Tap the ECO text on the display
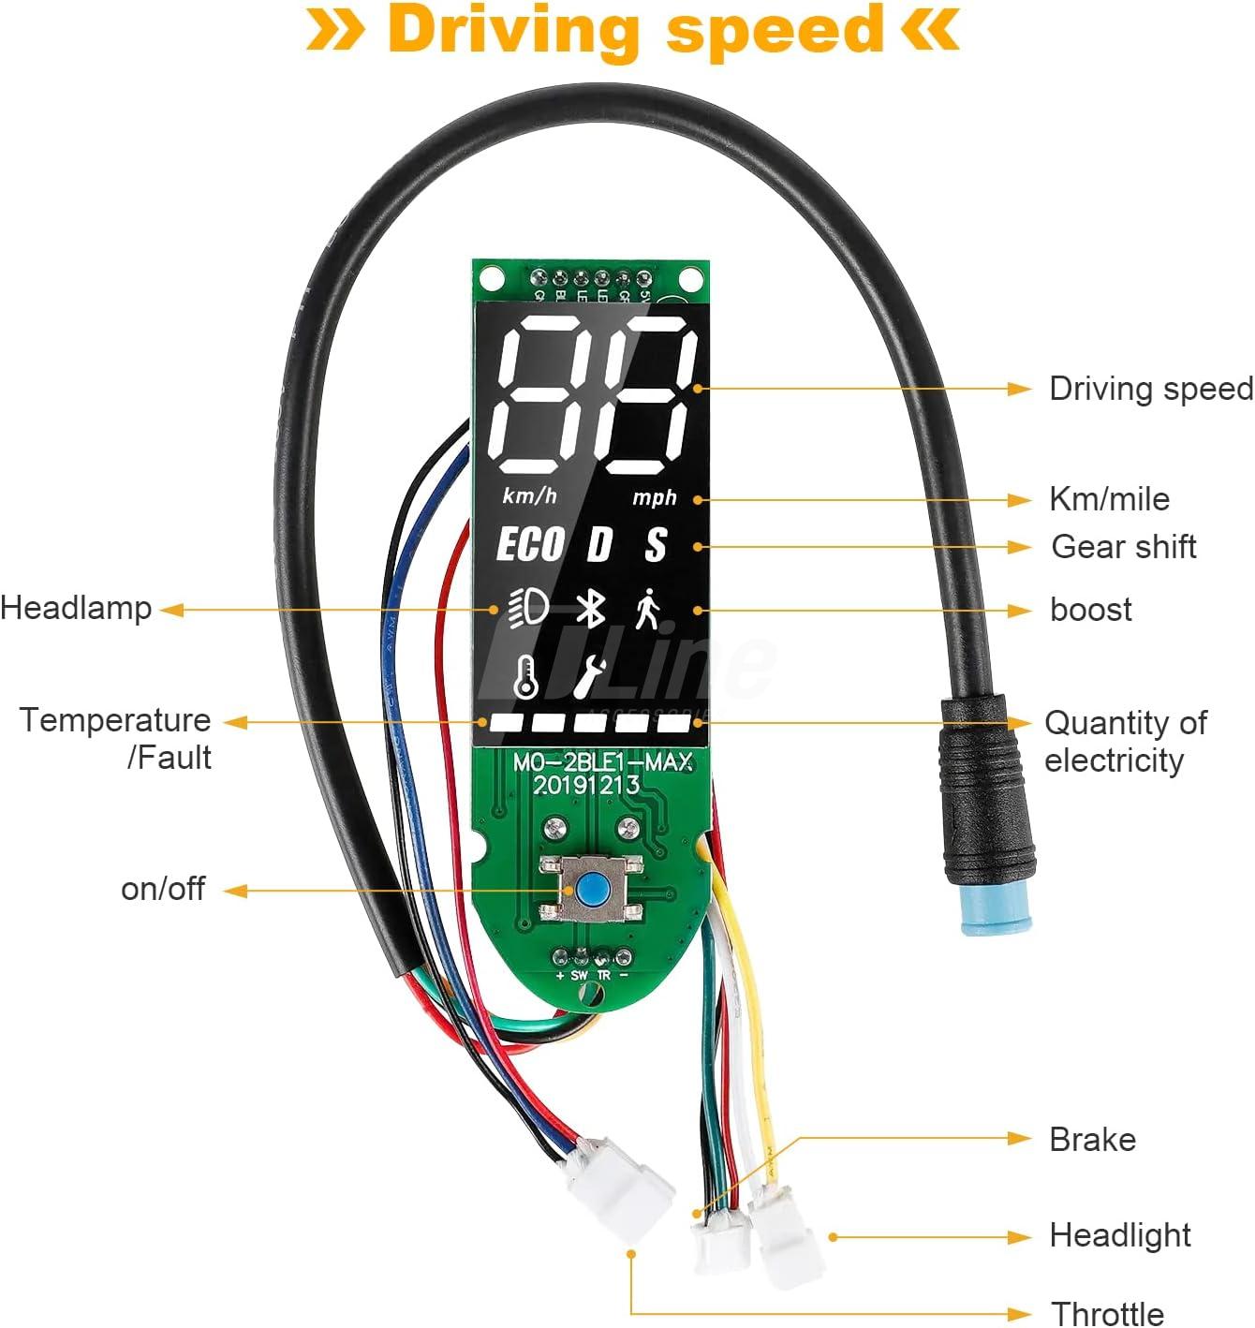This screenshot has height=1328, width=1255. coord(530,545)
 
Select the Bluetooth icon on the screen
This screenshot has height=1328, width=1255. coord(589,610)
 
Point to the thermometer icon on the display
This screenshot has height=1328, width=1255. coord(526,675)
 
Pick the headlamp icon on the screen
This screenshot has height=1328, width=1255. coord(528,610)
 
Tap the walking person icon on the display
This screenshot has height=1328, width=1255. coord(647,610)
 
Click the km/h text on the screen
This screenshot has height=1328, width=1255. coord(529,495)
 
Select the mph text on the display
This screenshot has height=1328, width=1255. coord(654,497)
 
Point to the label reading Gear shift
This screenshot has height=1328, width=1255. coord(1123,546)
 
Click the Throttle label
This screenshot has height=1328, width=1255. coord(1107,1313)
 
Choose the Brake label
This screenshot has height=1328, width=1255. coord(1092,1139)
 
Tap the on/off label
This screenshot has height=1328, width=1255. coord(163,889)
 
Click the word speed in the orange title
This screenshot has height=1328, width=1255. coord(775,30)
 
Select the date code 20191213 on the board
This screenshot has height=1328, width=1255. coord(587,785)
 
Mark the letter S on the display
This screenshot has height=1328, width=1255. coord(656,545)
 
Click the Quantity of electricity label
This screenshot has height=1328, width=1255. coord(1125,741)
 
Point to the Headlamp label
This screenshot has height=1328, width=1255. coord(76,608)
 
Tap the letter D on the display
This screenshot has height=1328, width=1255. coord(598,545)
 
